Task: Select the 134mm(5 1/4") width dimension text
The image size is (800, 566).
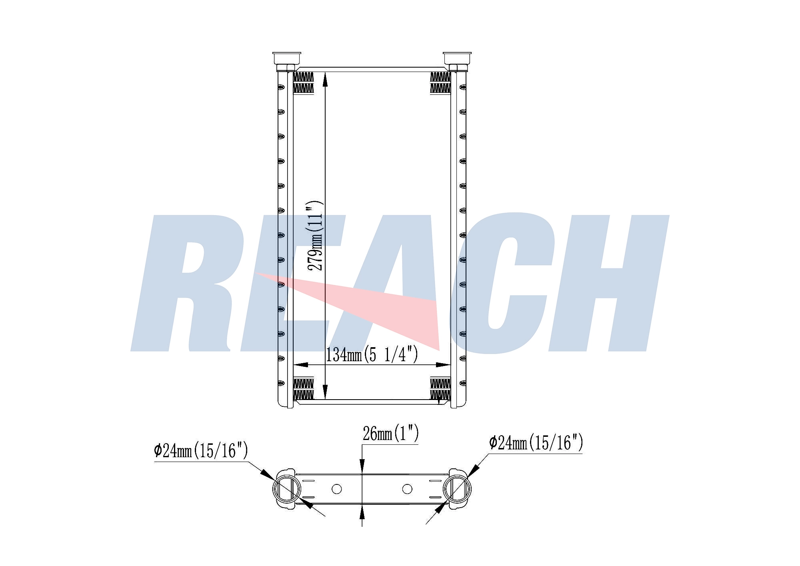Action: pyautogui.click(x=372, y=354)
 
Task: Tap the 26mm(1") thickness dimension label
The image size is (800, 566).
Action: pyautogui.click(x=390, y=434)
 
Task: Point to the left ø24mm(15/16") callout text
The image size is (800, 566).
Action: pyautogui.click(x=201, y=451)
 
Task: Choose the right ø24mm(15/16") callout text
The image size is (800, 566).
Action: pyautogui.click(x=536, y=443)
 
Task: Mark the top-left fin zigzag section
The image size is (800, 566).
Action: pyautogui.click(x=304, y=83)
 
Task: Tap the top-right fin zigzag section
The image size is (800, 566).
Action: pyautogui.click(x=440, y=83)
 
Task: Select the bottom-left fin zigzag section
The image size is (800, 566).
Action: pyautogui.click(x=304, y=389)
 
